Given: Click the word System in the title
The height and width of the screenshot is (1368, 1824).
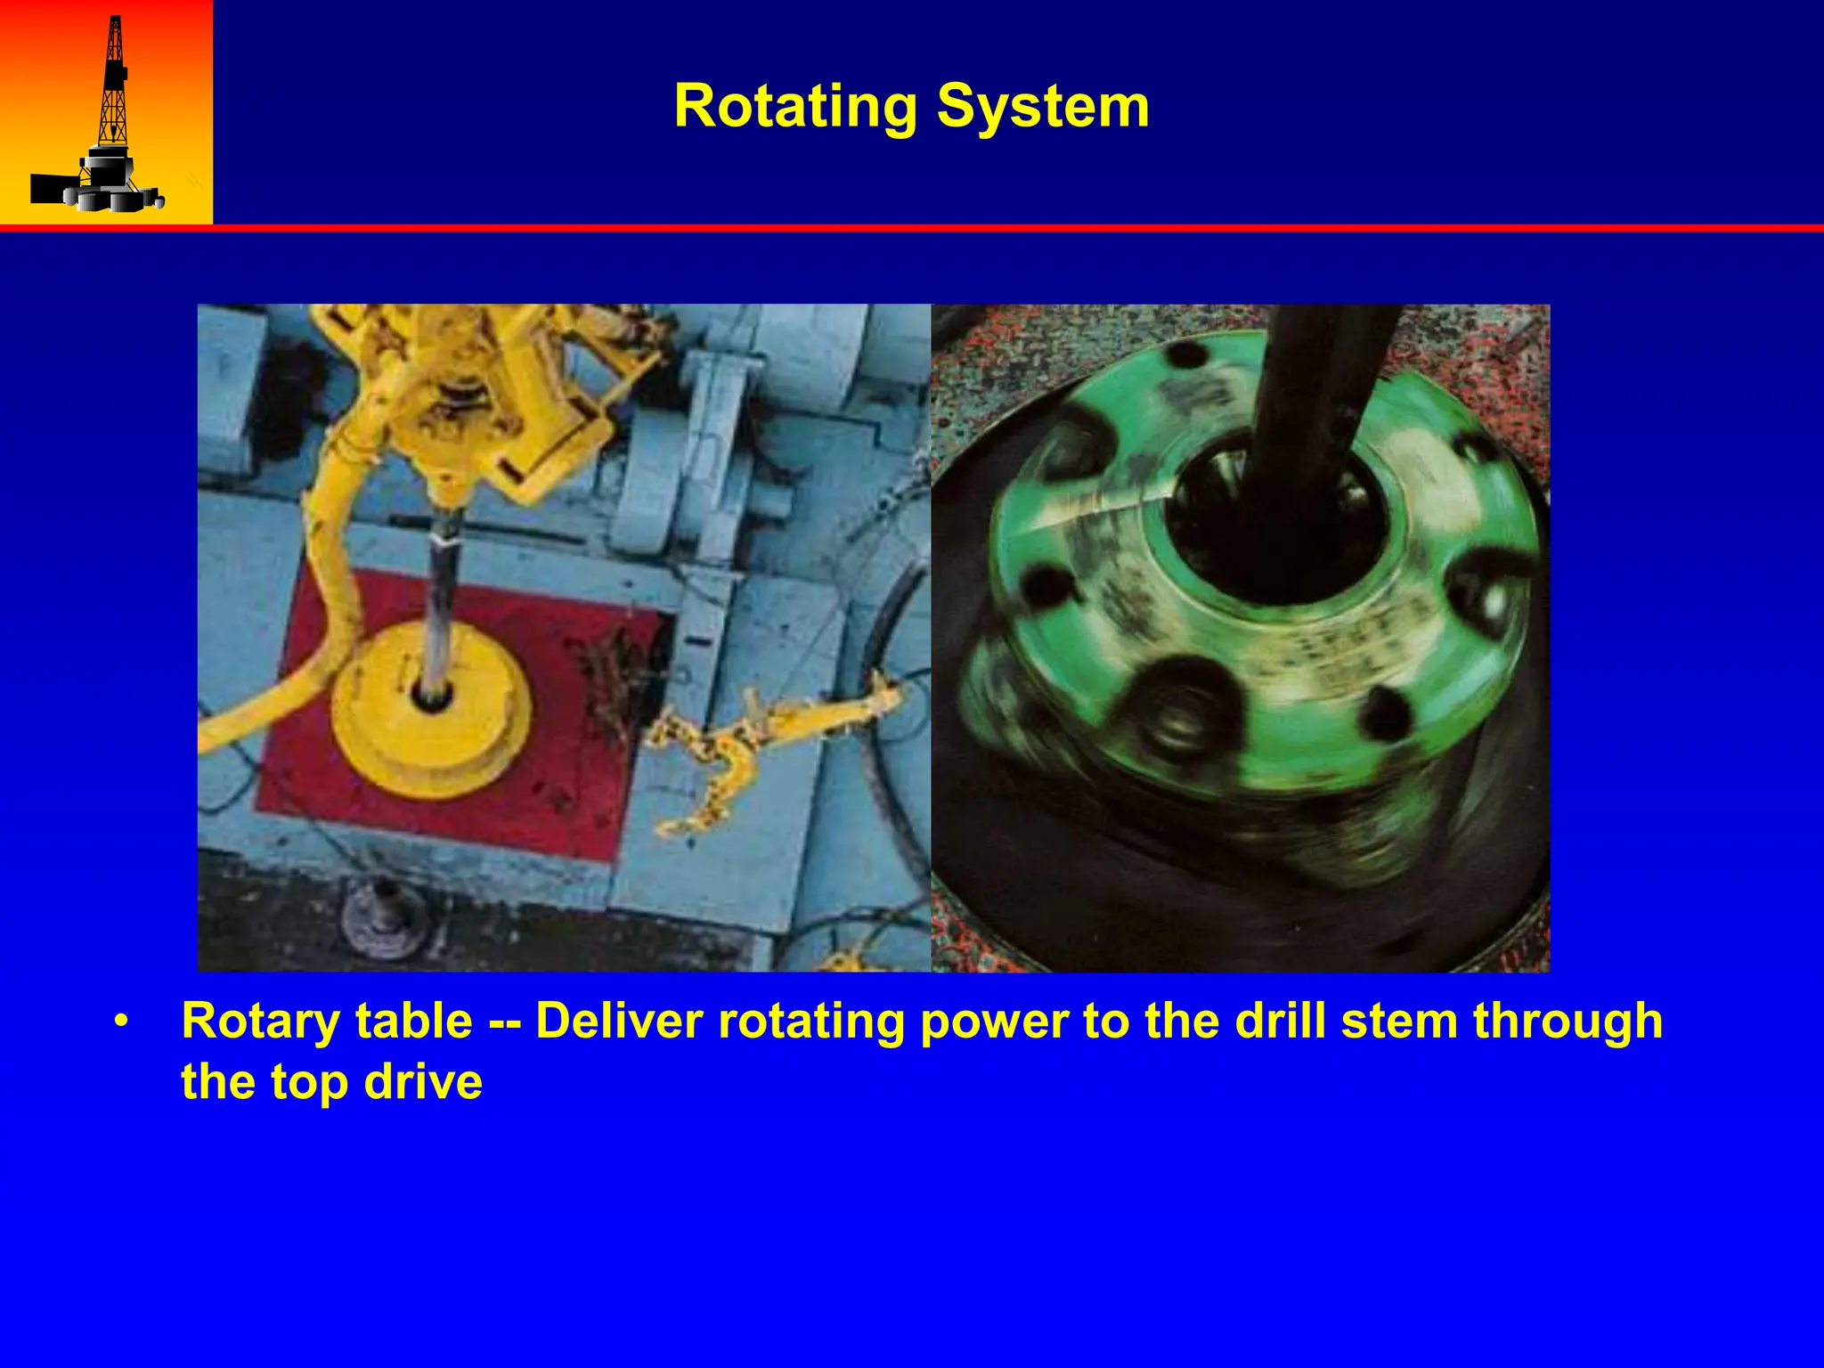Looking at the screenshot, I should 1043,107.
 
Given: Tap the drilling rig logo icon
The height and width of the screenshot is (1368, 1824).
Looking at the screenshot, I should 106,113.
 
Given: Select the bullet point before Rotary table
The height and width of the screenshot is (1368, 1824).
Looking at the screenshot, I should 122,1022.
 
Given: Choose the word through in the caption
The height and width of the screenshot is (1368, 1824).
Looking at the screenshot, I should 1567,1022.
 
